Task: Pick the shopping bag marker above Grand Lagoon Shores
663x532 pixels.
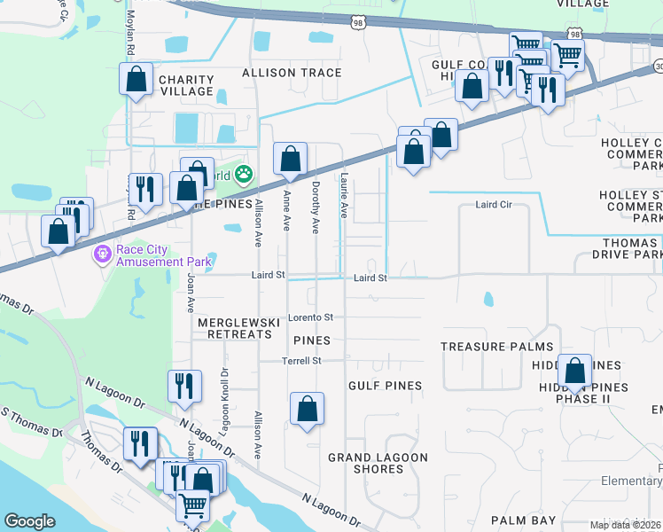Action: tap(307, 409)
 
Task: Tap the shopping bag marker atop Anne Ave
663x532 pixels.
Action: tap(290, 160)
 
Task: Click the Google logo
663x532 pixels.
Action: tap(30, 520)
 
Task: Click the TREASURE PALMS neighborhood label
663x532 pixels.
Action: tap(496, 347)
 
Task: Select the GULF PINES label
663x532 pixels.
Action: tap(385, 386)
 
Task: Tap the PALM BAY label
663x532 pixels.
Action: tap(524, 520)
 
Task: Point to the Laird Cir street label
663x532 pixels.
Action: tap(494, 205)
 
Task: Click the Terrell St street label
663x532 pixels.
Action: tap(301, 361)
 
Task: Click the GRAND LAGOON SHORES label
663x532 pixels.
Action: tap(378, 463)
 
